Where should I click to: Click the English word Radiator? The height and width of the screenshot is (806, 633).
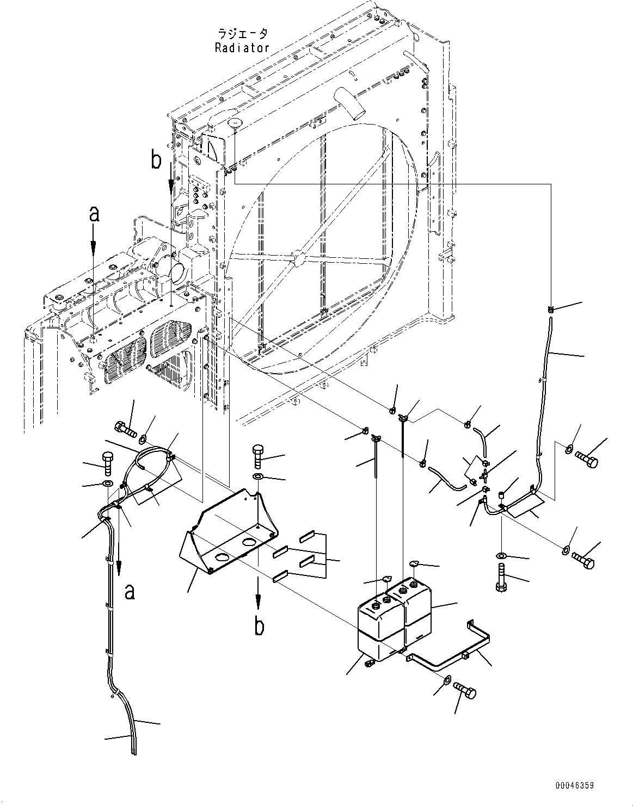pyautogui.click(x=242, y=48)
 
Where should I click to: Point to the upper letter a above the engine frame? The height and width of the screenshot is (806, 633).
pyautogui.click(x=94, y=215)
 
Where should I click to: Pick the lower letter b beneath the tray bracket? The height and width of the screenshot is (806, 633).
pyautogui.click(x=260, y=627)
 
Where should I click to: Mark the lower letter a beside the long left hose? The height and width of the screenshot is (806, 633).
pyautogui.click(x=130, y=591)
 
